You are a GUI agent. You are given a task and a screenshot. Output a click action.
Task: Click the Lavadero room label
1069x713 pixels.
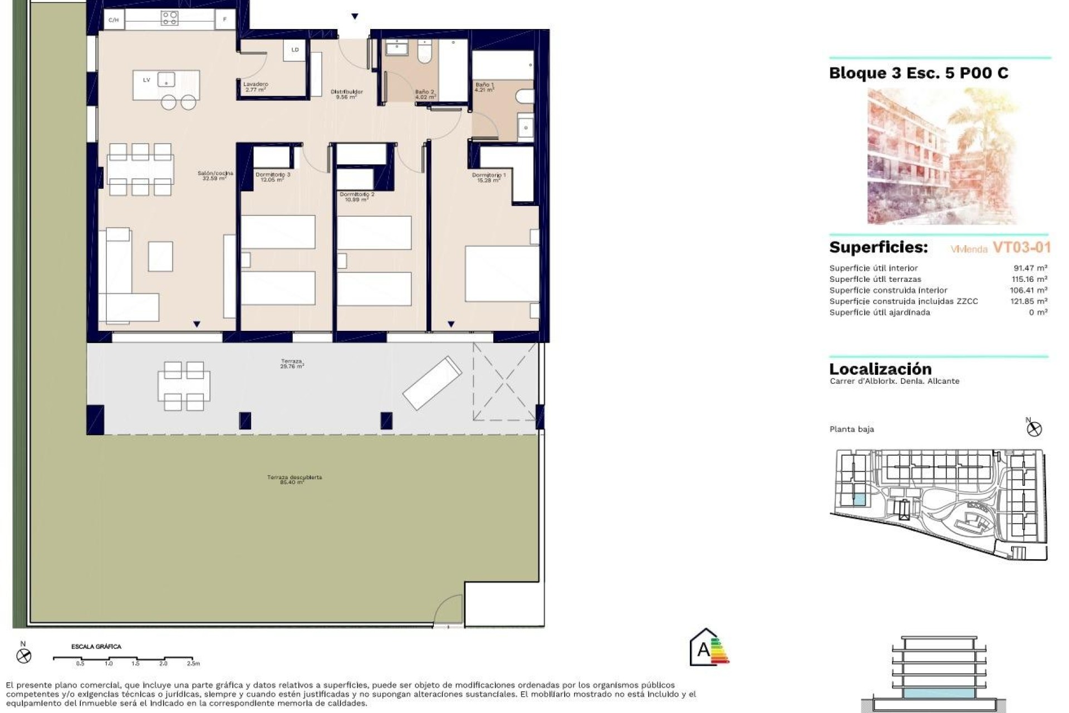256,87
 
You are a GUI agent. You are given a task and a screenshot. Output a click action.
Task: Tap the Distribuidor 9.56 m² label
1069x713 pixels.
346,94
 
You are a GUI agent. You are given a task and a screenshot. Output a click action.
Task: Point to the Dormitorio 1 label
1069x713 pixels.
489,177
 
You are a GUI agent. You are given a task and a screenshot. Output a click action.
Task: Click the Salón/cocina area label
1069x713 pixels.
215,176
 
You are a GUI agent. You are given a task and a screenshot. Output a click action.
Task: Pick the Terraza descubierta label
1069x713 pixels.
294,480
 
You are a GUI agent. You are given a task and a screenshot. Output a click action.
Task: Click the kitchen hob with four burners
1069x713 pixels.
169,18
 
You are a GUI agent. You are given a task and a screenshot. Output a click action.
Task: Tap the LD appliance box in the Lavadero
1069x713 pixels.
295,50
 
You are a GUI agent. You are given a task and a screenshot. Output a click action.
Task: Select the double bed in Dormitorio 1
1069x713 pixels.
501,274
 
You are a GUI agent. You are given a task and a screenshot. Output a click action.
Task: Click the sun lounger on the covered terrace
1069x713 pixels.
432,383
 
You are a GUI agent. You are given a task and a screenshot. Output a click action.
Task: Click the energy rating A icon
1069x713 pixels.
709,648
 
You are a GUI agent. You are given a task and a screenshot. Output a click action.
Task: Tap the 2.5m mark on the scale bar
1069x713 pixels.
193,663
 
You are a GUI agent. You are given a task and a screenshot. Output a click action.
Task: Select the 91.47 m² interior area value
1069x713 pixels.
1030,268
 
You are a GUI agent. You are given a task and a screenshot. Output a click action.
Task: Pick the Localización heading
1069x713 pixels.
880,369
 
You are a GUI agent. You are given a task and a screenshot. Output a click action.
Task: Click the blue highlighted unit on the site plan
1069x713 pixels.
860,500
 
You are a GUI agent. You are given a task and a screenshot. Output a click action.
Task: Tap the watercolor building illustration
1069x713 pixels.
941,156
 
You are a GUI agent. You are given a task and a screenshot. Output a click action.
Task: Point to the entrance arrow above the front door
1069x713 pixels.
355,17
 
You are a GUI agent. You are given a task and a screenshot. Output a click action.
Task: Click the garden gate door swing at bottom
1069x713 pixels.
449,610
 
